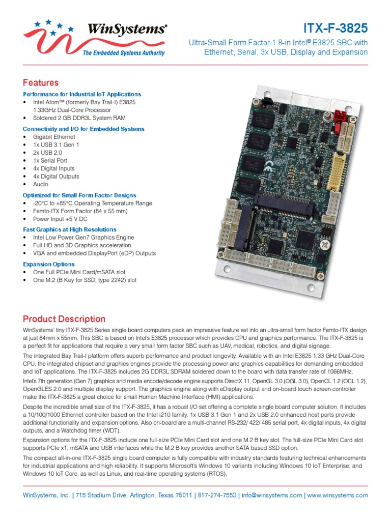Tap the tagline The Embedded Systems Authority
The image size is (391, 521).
(x=124, y=53)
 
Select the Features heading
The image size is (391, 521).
(x=41, y=82)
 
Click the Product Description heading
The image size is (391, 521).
(x=64, y=319)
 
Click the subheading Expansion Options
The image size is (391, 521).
(x=49, y=264)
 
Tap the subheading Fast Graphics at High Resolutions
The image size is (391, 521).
(x=70, y=229)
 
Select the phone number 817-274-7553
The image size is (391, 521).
(x=217, y=495)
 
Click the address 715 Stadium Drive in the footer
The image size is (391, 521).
(x=98, y=495)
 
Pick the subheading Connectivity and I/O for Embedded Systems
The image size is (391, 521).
(x=83, y=129)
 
